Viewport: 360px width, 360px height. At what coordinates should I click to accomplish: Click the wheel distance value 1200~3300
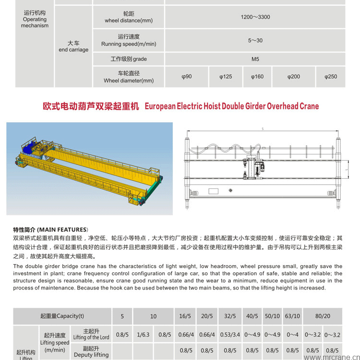255,17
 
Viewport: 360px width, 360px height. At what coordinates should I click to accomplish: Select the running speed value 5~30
255,40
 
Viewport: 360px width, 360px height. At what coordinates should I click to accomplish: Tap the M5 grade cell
255,59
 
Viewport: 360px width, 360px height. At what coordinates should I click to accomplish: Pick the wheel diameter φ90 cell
187,77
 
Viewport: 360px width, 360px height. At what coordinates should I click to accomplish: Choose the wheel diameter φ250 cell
330,77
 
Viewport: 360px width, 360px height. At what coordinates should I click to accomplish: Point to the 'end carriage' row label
73,46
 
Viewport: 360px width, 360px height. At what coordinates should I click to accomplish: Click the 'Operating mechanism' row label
35,19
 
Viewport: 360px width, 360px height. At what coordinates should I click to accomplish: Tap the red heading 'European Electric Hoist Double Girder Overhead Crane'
231,106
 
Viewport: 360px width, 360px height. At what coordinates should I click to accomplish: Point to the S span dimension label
263,129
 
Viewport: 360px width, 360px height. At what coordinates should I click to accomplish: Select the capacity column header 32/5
230,316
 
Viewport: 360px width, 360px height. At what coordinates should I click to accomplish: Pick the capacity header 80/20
322,316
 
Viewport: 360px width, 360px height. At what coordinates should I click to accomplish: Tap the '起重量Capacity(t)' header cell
62,316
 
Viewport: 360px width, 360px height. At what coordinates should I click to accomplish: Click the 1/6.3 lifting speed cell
143,335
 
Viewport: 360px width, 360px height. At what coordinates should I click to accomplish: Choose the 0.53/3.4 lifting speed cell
230,335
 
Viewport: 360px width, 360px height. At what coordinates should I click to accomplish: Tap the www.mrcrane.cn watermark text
331,357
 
